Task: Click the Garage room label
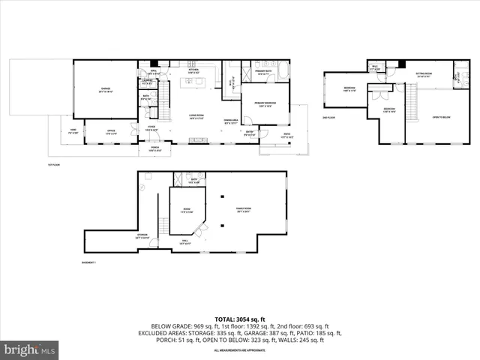tap(106, 89)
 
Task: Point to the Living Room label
tap(197, 116)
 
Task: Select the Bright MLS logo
tap(30, 349)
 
